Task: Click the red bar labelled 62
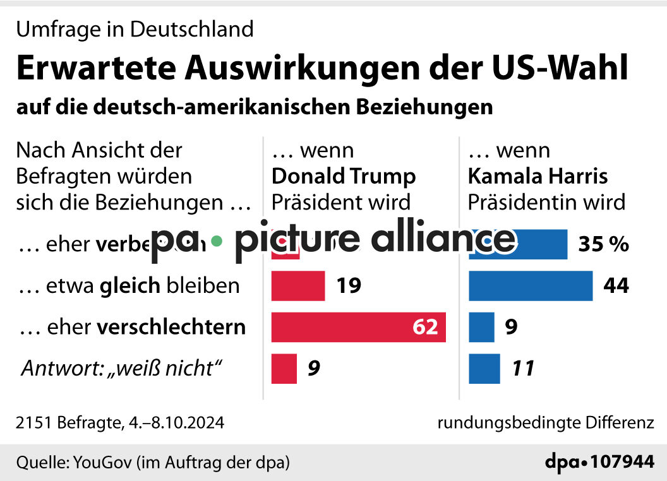[358, 327]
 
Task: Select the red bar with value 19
[298, 286]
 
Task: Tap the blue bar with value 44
[531, 286]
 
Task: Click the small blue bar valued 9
[481, 327]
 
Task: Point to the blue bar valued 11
[484, 368]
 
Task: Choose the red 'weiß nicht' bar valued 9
[284, 368]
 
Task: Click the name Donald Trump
[344, 175]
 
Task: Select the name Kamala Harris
[538, 175]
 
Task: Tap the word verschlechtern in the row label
[171, 327]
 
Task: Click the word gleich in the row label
[129, 286]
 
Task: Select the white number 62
[425, 328]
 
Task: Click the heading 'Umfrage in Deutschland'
[135, 28]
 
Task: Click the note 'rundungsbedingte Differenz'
[546, 422]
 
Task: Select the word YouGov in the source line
[101, 462]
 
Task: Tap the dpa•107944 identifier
[599, 462]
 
